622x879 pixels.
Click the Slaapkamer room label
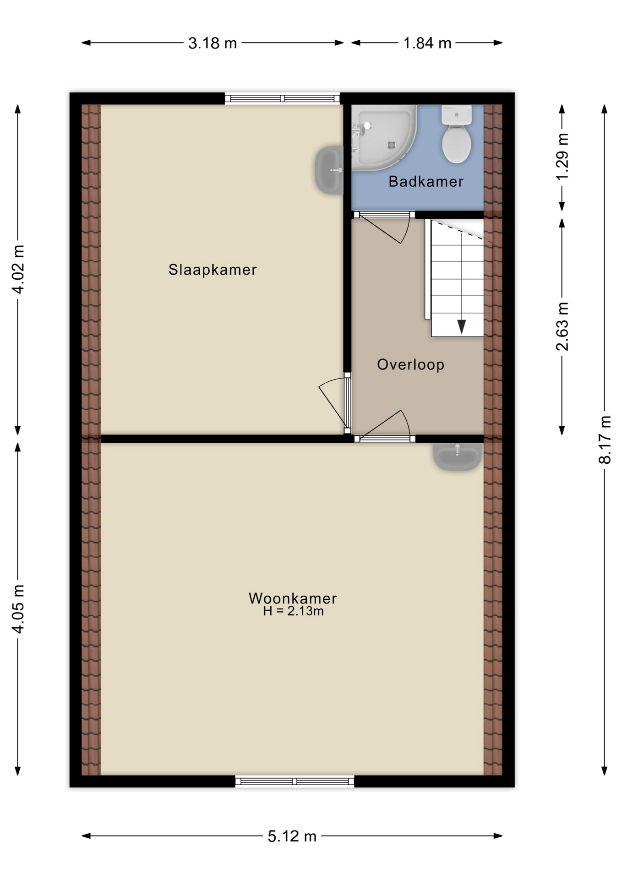212,270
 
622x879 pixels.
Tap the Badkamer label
426,182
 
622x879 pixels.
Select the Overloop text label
410,364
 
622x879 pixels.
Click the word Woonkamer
293,598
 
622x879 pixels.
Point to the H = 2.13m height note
293,611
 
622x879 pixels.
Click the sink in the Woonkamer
457,456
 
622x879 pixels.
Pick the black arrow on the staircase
461,326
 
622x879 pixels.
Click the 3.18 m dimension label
213,43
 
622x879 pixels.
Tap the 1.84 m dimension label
427,43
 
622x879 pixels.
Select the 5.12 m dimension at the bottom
292,836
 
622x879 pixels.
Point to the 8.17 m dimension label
605,439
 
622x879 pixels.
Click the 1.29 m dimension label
562,157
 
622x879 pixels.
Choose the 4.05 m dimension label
18,609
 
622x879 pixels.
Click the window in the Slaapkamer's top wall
282,98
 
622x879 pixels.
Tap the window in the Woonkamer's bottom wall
295,781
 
